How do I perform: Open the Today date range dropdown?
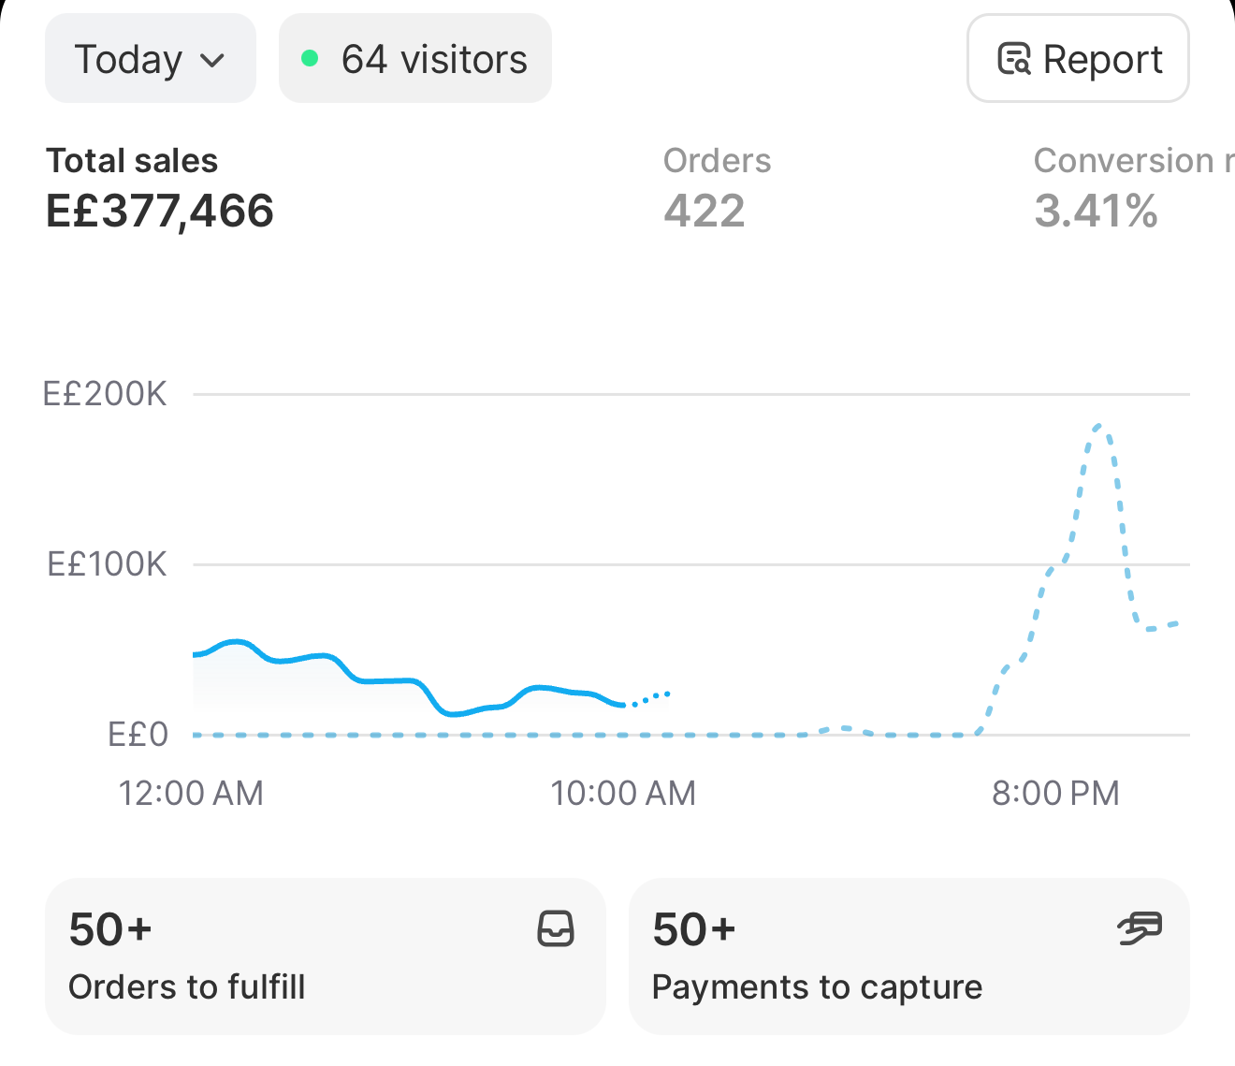coord(150,58)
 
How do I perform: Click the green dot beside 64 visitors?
coord(310,58)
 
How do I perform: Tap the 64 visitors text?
coord(434,59)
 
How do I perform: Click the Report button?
coord(1078,58)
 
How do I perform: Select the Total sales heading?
coord(132,160)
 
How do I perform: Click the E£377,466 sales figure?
coord(160,211)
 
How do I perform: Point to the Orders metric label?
coord(717,160)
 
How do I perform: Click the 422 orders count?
coord(705,211)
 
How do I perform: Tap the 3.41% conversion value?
coord(1096,211)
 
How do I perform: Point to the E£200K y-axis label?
coord(105,394)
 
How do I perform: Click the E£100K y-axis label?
coord(107,564)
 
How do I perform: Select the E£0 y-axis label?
coord(138,735)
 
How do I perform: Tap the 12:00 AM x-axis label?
coord(191,794)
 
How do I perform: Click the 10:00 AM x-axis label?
coord(623,794)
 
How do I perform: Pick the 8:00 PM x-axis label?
coord(1055,794)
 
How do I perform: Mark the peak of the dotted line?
coord(1099,426)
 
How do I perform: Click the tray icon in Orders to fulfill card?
coord(556,928)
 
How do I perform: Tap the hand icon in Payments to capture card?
coord(1140,928)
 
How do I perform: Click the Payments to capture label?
coord(817,986)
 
